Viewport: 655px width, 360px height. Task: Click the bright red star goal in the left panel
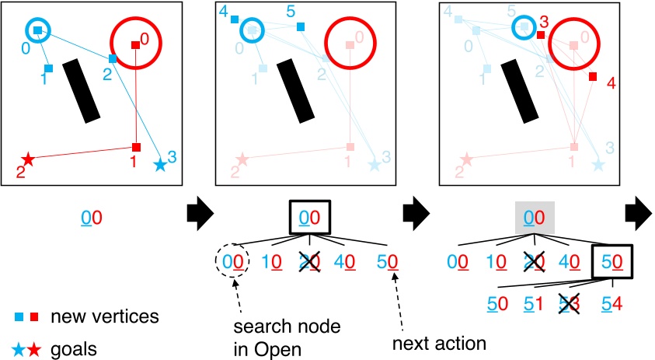click(28, 159)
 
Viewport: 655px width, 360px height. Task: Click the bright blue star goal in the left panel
click(160, 164)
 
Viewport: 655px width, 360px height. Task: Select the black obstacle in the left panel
click(82, 90)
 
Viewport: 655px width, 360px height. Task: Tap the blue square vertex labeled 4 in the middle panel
click(235, 19)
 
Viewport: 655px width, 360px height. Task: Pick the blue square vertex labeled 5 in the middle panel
click(301, 27)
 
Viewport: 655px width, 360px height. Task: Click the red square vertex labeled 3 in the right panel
click(541, 34)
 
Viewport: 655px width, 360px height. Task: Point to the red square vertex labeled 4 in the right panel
click(592, 76)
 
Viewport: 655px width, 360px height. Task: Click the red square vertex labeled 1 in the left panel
click(136, 147)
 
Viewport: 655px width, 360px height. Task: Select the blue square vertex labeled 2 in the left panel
click(113, 58)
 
